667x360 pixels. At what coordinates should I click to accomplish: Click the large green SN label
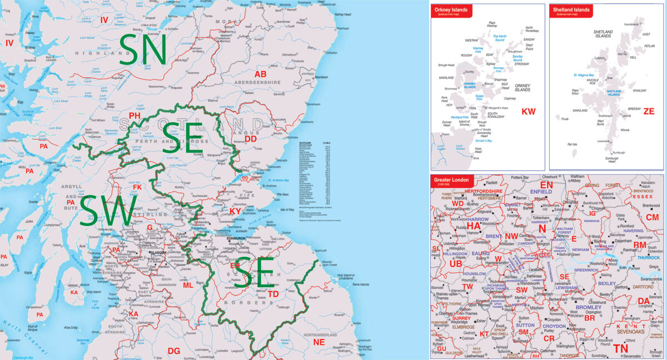click(143, 49)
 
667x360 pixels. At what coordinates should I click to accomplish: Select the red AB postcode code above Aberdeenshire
click(260, 74)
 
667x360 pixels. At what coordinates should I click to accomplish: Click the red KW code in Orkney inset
click(528, 112)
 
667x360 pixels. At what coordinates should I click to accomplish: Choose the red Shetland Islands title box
click(570, 11)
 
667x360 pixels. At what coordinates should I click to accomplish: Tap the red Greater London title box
click(451, 181)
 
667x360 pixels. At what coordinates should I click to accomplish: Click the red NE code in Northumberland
click(318, 343)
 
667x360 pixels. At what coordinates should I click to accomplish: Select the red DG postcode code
click(174, 351)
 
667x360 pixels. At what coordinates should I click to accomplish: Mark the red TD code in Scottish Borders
click(273, 294)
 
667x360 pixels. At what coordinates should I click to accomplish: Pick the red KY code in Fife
click(236, 211)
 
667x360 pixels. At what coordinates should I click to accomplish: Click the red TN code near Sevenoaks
click(621, 348)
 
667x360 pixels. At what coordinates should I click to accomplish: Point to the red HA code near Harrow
click(474, 226)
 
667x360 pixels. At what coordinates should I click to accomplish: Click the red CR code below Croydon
click(549, 338)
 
